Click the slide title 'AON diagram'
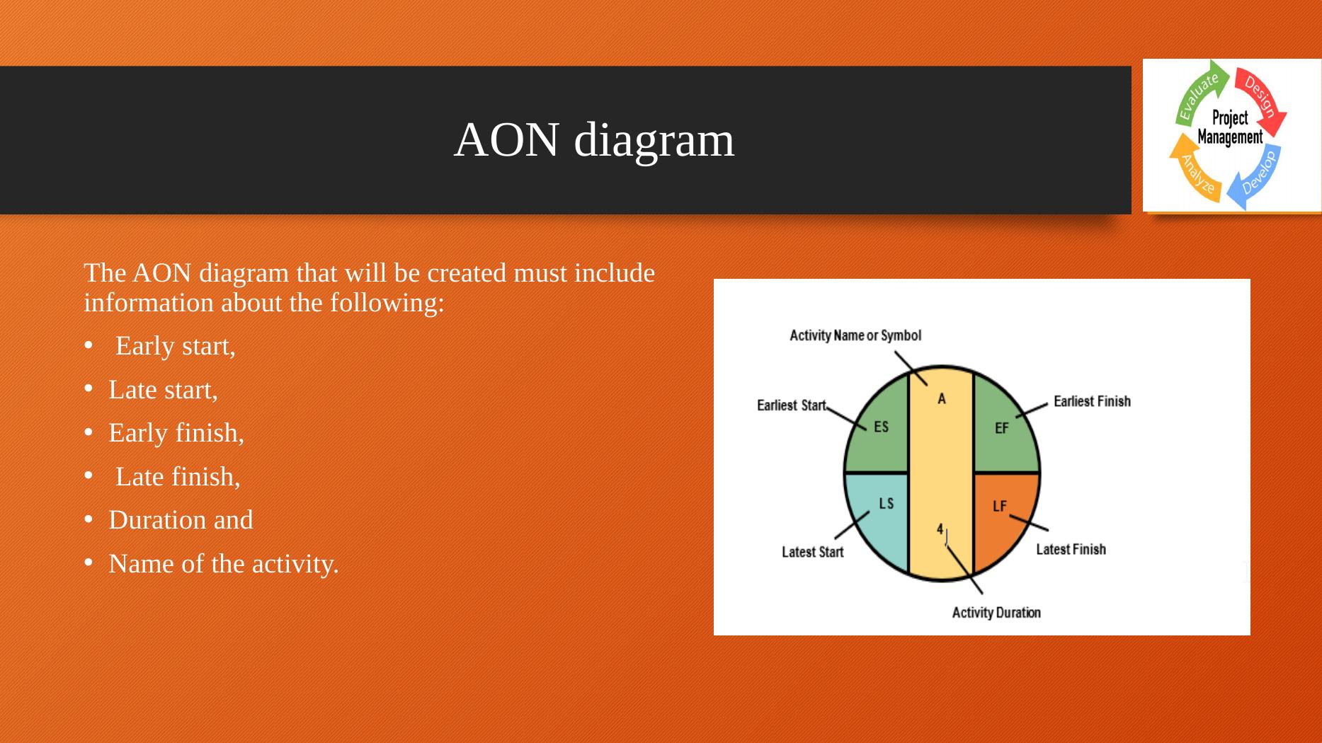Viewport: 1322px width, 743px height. click(x=594, y=139)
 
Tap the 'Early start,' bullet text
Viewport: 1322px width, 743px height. click(x=175, y=346)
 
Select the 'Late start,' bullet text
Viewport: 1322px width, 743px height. click(x=163, y=390)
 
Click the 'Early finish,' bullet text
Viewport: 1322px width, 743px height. click(x=176, y=433)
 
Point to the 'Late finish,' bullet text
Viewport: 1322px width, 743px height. click(x=178, y=477)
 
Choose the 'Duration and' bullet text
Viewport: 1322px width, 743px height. click(x=181, y=520)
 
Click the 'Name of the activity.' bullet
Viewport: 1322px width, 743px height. click(x=224, y=564)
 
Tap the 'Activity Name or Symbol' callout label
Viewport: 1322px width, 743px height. click(x=855, y=335)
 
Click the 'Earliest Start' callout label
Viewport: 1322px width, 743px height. click(x=792, y=405)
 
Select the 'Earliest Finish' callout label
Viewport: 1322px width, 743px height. click(x=1092, y=401)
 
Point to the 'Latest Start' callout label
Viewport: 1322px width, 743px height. click(x=812, y=552)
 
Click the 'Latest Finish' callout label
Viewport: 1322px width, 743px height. click(x=1071, y=549)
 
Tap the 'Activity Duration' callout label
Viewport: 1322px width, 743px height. click(x=996, y=613)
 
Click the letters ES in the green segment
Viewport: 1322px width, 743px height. click(x=881, y=427)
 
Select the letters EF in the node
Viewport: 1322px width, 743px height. click(x=1001, y=428)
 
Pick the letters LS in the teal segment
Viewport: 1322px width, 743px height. click(x=886, y=503)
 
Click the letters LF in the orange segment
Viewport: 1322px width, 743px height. click(x=999, y=506)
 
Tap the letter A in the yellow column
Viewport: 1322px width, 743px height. click(x=942, y=399)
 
